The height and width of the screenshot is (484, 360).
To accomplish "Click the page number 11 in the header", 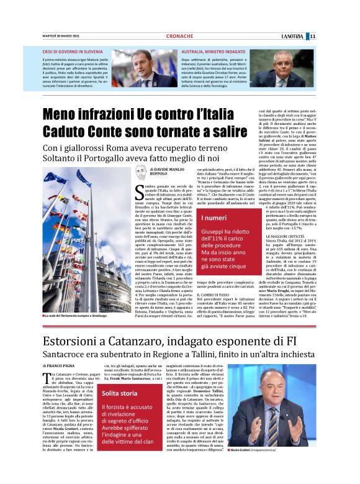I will [x=348, y=36].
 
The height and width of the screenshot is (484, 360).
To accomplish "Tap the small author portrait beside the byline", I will [x=140, y=173].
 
